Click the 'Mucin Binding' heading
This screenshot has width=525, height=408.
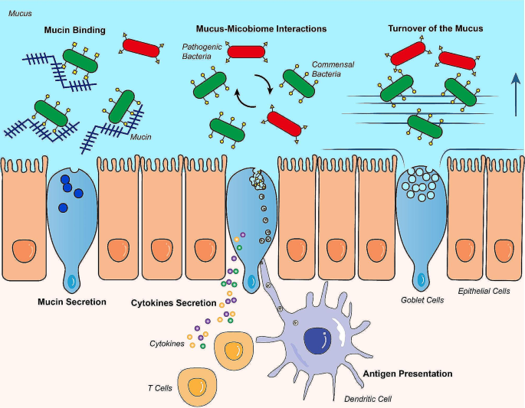coord(74,31)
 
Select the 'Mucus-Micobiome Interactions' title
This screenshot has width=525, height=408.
coord(261,29)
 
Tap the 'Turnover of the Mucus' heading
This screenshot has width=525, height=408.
coord(435,28)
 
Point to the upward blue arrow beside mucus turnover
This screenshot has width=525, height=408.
coord(516,95)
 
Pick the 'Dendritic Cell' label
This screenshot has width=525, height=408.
coord(368,399)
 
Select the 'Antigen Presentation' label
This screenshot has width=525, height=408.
coord(408,374)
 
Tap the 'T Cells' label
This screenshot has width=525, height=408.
coord(160,388)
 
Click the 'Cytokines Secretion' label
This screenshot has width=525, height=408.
coord(173,303)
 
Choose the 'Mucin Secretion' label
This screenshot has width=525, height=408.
coord(71,302)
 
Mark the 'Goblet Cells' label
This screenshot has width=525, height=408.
coord(422,300)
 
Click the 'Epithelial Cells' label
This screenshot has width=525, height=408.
coord(484,292)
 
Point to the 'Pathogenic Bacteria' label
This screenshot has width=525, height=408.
coord(202,51)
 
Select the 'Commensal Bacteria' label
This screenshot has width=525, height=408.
coord(333,69)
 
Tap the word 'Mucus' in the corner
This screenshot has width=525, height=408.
coord(20,13)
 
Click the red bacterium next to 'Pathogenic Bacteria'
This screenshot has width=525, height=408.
coord(247,52)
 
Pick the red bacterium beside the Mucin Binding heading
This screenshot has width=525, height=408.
coord(140,48)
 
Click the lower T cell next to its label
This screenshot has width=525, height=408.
coord(197,387)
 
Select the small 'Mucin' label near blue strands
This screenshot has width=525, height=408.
coord(140,137)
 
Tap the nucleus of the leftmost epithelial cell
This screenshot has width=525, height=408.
coord(25,251)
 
